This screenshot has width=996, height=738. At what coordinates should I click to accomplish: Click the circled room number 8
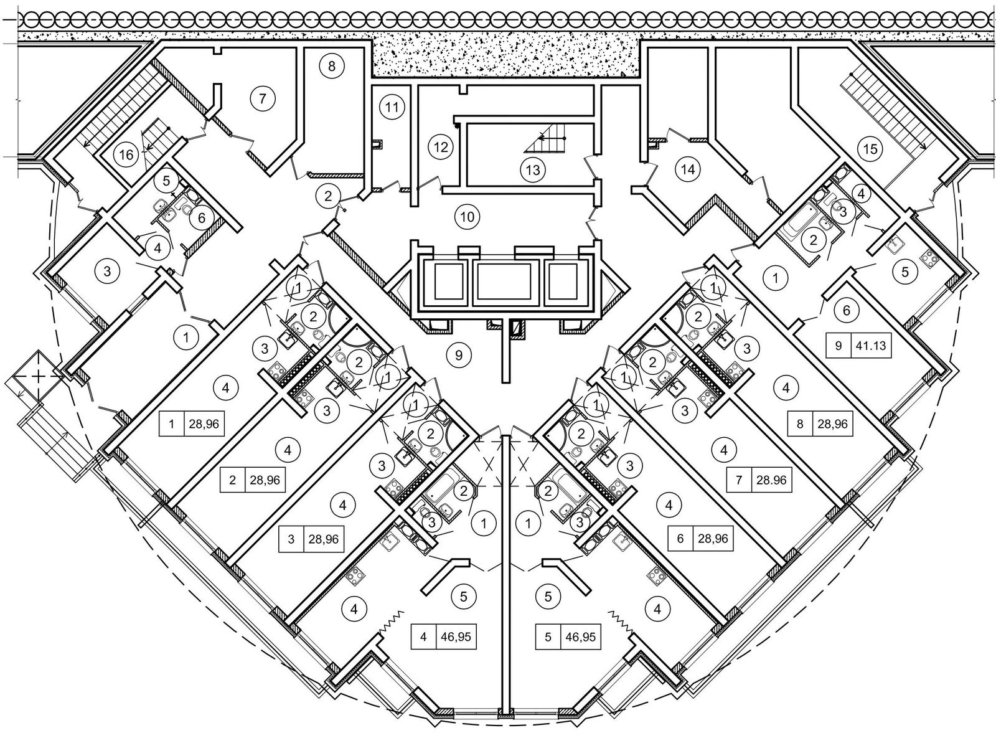pyautogui.click(x=332, y=66)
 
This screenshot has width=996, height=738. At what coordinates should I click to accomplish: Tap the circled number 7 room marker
pyautogui.click(x=262, y=98)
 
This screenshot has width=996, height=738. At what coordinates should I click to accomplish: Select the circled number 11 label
pyautogui.click(x=391, y=107)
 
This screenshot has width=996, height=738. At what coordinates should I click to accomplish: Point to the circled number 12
pyautogui.click(x=441, y=148)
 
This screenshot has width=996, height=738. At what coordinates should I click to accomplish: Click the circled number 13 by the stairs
pyautogui.click(x=533, y=169)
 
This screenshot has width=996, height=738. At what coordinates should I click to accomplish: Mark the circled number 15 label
pyautogui.click(x=870, y=149)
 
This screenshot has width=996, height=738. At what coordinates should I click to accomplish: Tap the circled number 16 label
pyautogui.click(x=126, y=154)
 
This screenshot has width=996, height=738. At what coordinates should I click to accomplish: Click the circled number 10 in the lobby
pyautogui.click(x=467, y=217)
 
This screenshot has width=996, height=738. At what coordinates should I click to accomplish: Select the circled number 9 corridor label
pyautogui.click(x=459, y=355)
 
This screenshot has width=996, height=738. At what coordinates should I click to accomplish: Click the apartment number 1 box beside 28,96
pyautogui.click(x=171, y=426)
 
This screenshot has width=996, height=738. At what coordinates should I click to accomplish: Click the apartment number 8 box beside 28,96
pyautogui.click(x=800, y=425)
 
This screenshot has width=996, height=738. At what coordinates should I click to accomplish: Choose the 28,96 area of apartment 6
pyautogui.click(x=710, y=538)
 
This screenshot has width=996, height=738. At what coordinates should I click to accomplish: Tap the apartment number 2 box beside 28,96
pyautogui.click(x=232, y=480)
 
